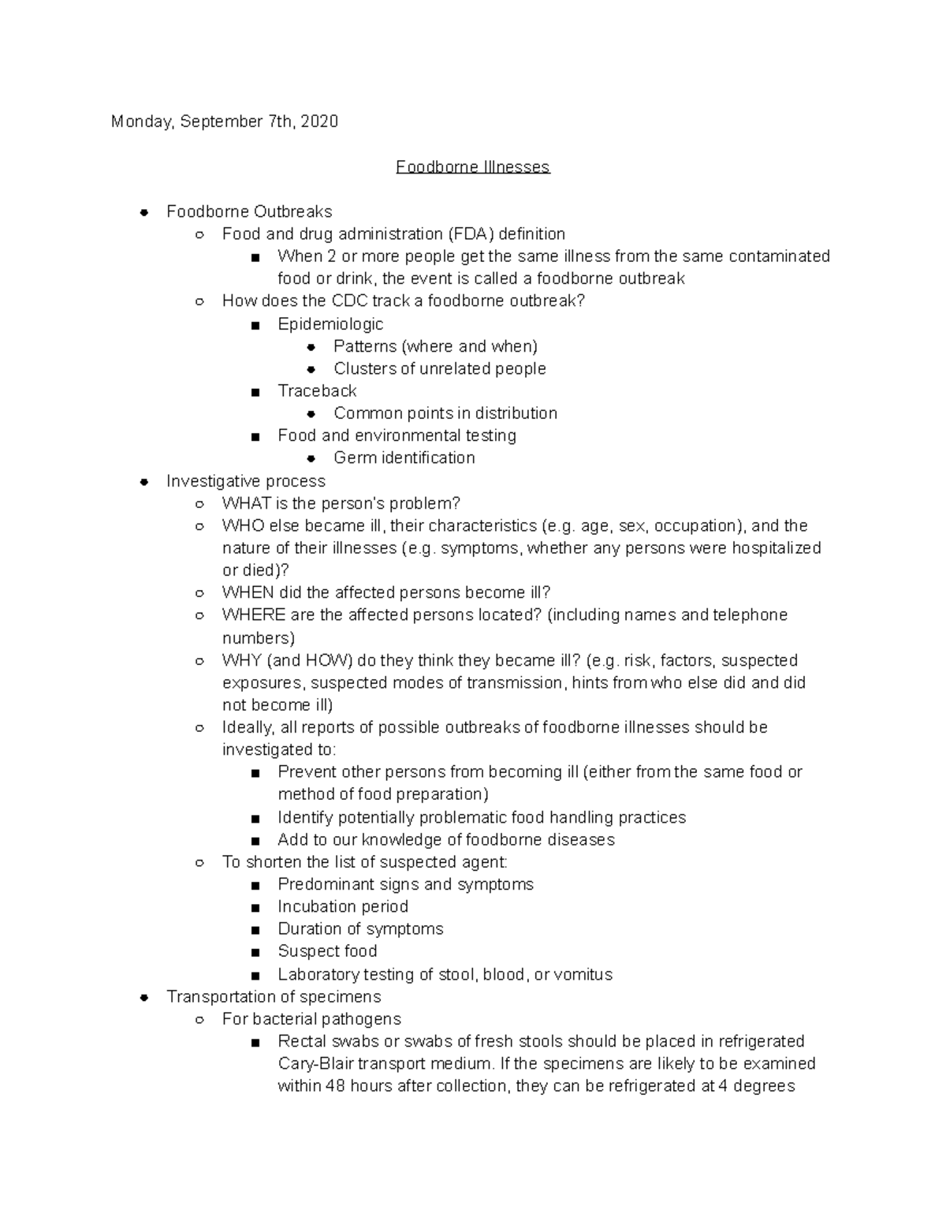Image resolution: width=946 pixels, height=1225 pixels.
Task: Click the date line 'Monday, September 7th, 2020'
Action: (225, 121)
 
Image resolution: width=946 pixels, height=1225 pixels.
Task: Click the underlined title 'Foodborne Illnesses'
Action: (472, 167)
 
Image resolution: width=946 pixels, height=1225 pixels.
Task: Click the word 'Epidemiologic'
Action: (330, 324)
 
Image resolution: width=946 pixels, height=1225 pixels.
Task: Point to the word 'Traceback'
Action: (317, 391)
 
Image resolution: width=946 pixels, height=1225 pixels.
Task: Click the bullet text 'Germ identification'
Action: (404, 458)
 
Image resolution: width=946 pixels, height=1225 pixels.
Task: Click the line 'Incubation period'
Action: (343, 907)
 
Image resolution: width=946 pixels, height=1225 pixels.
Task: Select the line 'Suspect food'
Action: (327, 951)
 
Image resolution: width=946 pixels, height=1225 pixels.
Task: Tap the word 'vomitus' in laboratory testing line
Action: (583, 975)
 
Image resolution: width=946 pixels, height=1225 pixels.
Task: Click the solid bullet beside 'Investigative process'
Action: (143, 482)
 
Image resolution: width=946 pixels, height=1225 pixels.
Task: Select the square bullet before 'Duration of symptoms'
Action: (255, 930)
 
